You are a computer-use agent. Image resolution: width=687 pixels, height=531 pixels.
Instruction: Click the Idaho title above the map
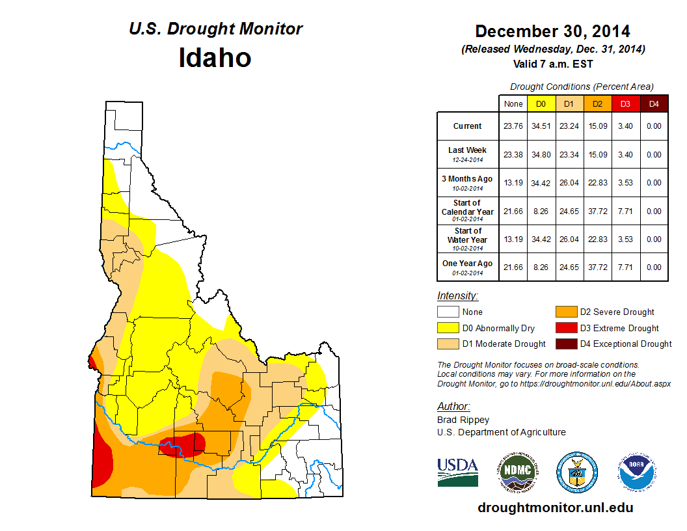tap(215, 58)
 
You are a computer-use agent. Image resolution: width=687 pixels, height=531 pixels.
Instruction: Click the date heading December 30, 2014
tap(552, 31)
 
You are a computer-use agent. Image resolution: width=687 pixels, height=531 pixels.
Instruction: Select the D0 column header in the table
tap(541, 103)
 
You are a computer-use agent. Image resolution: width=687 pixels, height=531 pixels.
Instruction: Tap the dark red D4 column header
tap(654, 103)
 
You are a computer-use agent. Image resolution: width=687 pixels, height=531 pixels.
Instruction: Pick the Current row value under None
tap(513, 126)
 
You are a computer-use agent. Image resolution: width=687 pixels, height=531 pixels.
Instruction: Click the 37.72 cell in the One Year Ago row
tap(598, 267)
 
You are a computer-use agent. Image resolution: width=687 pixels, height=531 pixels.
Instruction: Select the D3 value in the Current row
tap(626, 126)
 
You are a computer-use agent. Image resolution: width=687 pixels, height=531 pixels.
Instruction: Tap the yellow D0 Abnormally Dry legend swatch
tap(448, 328)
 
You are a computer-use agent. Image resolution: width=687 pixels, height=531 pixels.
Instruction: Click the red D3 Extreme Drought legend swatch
tap(565, 328)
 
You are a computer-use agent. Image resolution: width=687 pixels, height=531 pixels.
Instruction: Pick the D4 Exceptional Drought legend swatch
tap(565, 344)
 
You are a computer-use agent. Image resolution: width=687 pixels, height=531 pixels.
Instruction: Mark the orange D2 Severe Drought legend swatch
tap(565, 312)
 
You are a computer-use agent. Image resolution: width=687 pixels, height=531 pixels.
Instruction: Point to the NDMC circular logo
tap(517, 472)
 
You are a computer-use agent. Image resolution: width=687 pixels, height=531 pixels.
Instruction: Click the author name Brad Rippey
tap(463, 420)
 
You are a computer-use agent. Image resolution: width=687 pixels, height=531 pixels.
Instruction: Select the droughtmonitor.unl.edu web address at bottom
tap(555, 508)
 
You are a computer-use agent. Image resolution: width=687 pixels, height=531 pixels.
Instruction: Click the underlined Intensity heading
tap(457, 295)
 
